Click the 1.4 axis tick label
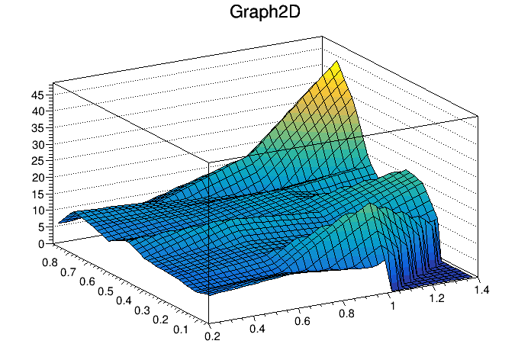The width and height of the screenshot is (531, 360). [481, 290]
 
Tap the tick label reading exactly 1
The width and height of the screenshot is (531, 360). [394, 307]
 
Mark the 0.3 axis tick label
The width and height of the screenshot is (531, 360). [142, 309]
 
